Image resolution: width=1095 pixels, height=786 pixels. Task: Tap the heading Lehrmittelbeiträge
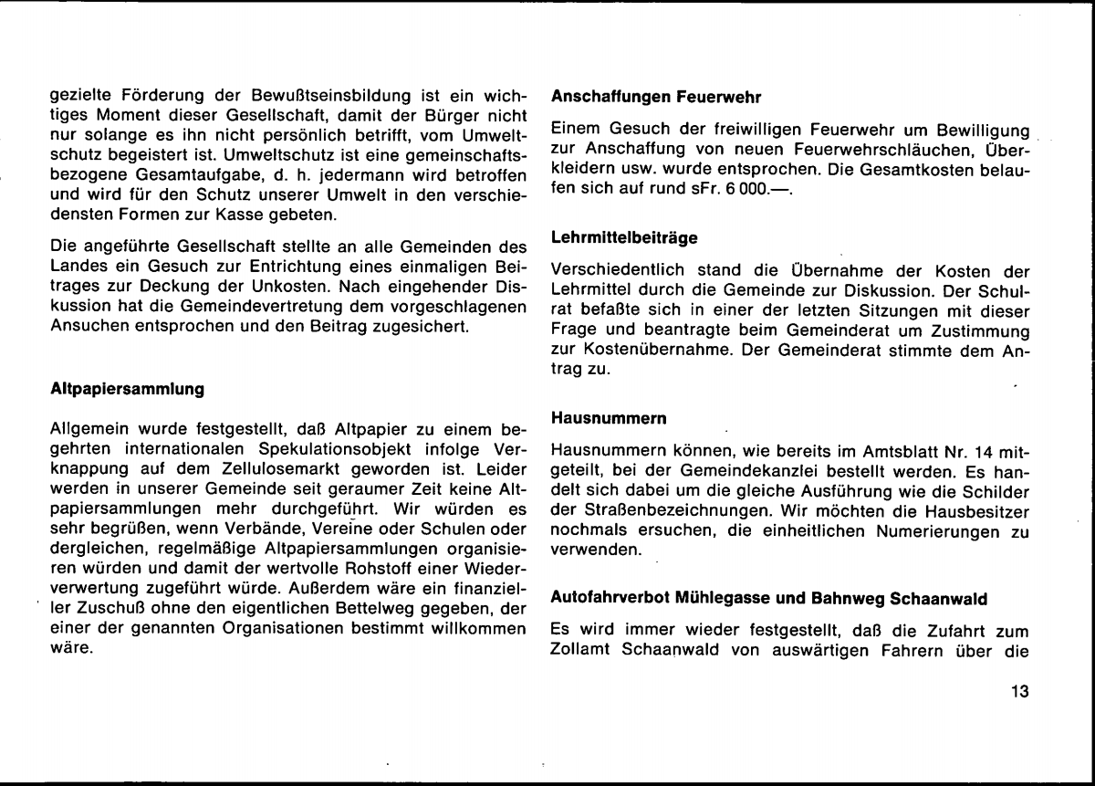[624, 237]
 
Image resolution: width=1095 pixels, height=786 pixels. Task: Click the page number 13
[1020, 691]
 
